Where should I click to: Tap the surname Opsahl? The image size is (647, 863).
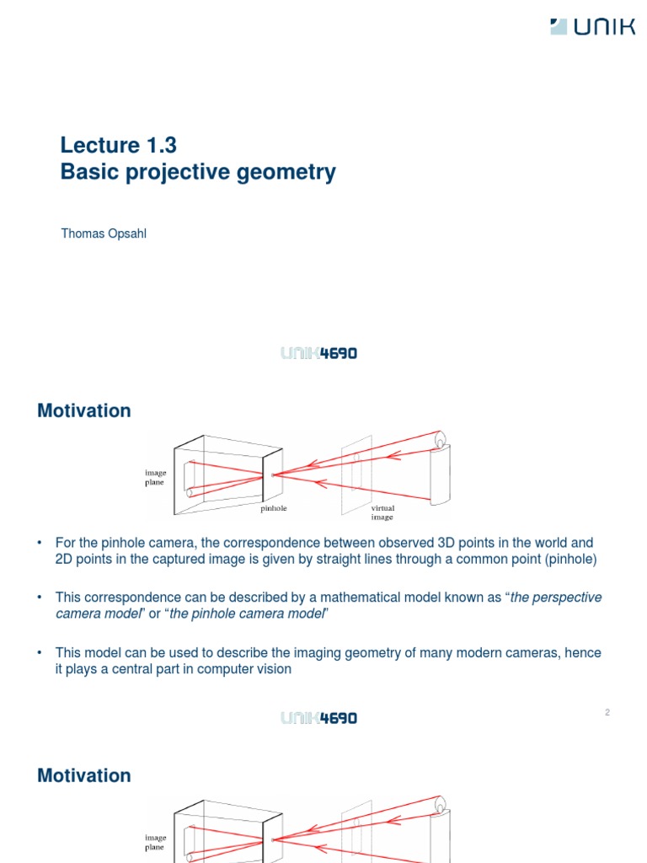click(125, 233)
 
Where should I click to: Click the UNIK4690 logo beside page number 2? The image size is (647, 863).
click(318, 718)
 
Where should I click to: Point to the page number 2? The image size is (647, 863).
click(607, 712)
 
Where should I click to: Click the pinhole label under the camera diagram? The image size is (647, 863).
click(274, 508)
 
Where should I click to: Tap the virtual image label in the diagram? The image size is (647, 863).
click(382, 512)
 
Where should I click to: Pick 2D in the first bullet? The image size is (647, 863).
click(65, 560)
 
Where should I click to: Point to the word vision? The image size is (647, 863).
click(274, 669)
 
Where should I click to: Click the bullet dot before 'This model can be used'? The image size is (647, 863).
click(40, 652)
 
